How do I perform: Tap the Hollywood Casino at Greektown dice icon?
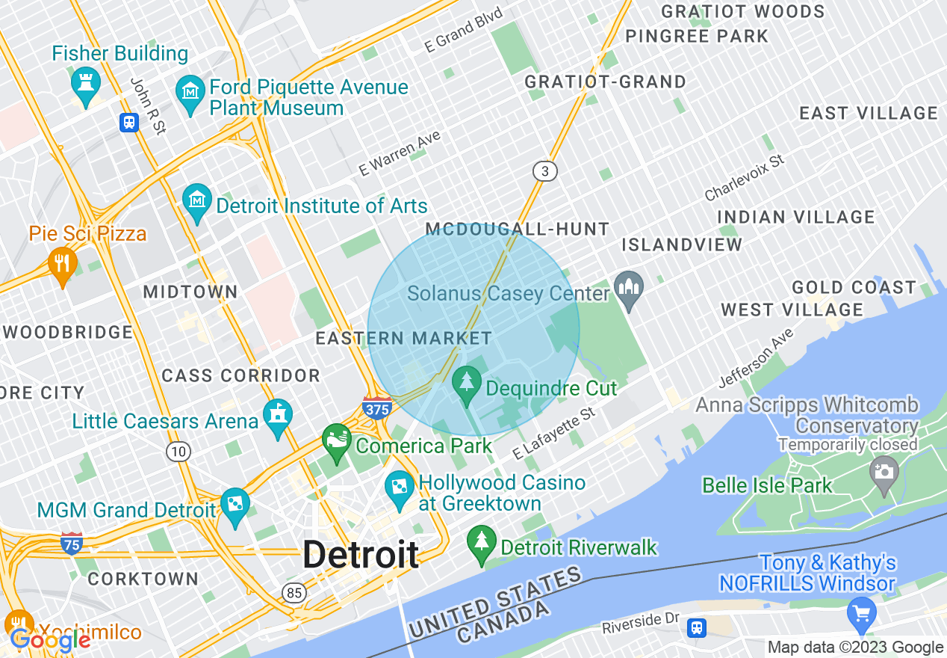(400, 487)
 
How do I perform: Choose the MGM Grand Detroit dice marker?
(235, 505)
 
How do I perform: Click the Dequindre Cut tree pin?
(468, 382)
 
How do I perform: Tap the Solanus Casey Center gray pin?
(629, 288)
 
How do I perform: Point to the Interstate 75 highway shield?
(72, 544)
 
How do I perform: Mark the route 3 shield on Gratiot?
(545, 171)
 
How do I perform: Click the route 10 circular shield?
(178, 451)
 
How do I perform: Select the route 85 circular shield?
(294, 593)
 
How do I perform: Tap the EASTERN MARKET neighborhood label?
(404, 338)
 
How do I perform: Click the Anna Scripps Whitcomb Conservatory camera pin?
(884, 473)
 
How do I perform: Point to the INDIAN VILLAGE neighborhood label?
(796, 217)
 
